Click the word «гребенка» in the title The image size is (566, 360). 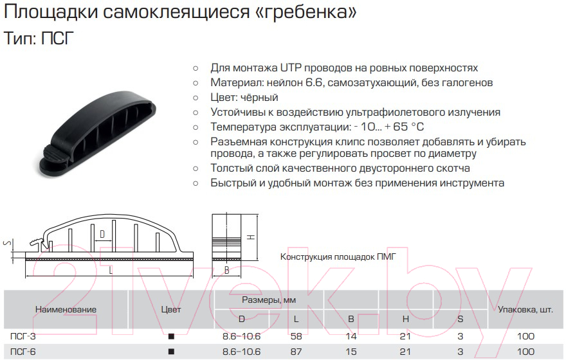[x=303, y=13]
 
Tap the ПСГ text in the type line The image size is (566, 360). [x=57, y=38]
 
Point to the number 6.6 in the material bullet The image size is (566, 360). [x=314, y=82]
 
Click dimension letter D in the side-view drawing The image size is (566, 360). [x=102, y=234]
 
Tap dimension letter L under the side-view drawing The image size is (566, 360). [x=111, y=270]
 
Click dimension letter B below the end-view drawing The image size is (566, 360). [x=226, y=270]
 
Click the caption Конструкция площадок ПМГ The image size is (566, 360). [x=338, y=257]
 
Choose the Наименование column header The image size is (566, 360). [x=66, y=309]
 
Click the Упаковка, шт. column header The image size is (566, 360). [x=525, y=309]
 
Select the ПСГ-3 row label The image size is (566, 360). [x=23, y=336]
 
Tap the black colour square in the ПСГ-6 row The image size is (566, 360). [x=171, y=352]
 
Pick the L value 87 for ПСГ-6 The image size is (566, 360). [x=296, y=352]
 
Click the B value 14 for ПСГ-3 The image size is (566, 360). [x=351, y=336]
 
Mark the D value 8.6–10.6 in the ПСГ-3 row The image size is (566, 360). [x=241, y=336]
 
